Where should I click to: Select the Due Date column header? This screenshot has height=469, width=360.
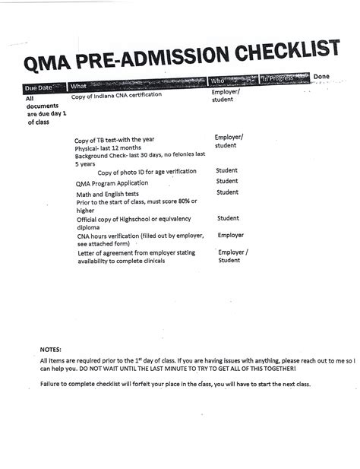(39, 89)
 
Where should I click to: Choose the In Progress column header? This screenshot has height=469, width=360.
(280, 78)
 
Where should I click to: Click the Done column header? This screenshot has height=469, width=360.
(321, 76)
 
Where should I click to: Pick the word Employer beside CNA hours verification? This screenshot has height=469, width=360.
(231, 236)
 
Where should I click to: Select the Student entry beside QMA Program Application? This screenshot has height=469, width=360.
(227, 182)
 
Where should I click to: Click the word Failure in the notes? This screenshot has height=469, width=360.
(51, 384)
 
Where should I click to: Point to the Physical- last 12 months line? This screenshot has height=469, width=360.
(109, 148)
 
